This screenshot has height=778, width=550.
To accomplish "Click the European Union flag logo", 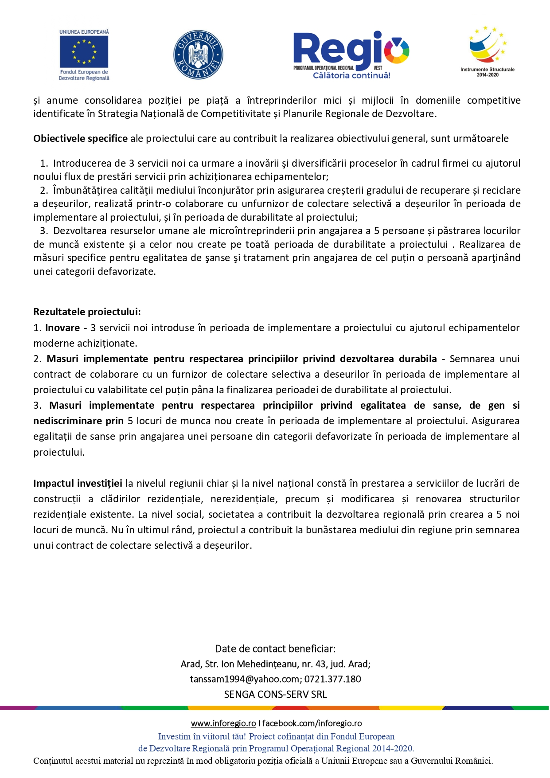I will pyautogui.click(x=84, y=51).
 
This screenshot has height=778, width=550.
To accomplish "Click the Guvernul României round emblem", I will pyautogui.click(x=198, y=55).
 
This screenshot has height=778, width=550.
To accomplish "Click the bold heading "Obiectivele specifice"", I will pyautogui.click(x=80, y=138).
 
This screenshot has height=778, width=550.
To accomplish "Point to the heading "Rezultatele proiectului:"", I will pyautogui.click(x=87, y=312).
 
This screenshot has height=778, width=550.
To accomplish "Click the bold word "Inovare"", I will pyautogui.click(x=62, y=328).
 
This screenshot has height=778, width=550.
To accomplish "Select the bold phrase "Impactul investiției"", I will pyautogui.click(x=78, y=483).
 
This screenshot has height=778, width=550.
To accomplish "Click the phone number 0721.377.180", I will pyautogui.click(x=332, y=679).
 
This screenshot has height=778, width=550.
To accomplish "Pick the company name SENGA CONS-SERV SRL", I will pyautogui.click(x=275, y=694).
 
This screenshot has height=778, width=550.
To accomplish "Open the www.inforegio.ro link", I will pyautogui.click(x=223, y=723).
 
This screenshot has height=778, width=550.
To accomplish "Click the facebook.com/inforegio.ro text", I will pyautogui.click(x=312, y=723).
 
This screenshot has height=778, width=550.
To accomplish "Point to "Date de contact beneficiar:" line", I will pyautogui.click(x=275, y=649).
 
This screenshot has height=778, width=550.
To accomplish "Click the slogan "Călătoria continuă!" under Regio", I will pyautogui.click(x=351, y=75).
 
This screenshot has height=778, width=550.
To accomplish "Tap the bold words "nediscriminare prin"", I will pyautogui.click(x=78, y=421).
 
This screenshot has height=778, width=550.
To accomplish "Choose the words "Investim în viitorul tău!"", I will pyautogui.click(x=202, y=736).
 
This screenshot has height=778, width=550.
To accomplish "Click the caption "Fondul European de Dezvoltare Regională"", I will pyautogui.click(x=84, y=75).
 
